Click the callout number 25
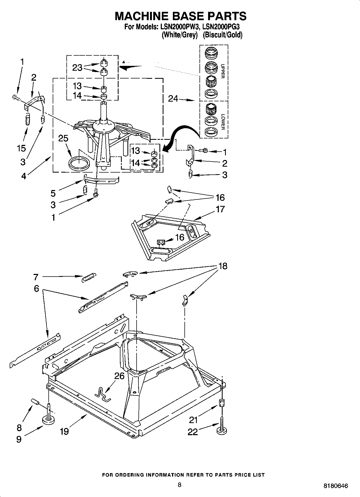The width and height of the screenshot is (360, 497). pyautogui.click(x=63, y=138)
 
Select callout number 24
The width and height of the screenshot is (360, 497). pyautogui.click(x=173, y=99)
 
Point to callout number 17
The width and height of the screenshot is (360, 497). pyautogui.click(x=220, y=209)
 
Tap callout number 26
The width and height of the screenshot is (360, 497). pyautogui.click(x=119, y=376)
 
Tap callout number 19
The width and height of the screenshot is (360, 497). pyautogui.click(x=64, y=431)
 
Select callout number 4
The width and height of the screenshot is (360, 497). pyautogui.click(x=24, y=176)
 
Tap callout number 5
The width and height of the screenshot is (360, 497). pyautogui.click(x=53, y=193)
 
